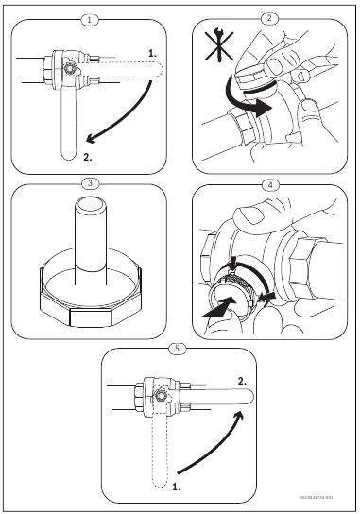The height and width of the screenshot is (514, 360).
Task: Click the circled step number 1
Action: pos(88,18)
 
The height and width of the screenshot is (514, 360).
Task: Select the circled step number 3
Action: pos(88,182)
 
